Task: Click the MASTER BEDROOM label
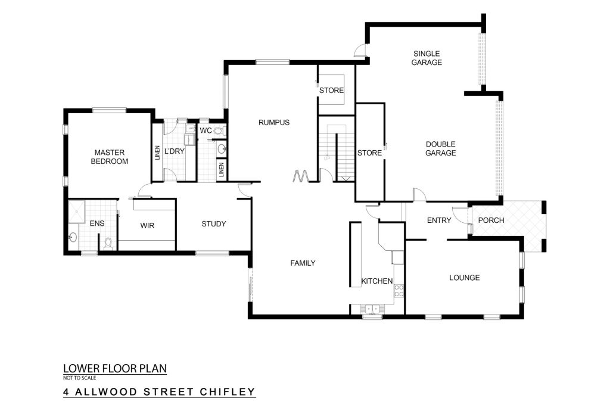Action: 110,157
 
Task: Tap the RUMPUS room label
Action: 274,123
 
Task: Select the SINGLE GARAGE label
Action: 427,58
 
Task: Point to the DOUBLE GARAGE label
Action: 440,148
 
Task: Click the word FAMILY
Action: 303,263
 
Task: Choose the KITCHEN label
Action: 377,281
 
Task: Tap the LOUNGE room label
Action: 465,278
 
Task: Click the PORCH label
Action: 491,220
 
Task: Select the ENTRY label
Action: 439,220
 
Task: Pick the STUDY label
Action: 214,223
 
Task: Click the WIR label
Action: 147,225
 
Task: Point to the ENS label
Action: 97,223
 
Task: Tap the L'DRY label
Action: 174,151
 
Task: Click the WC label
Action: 206,131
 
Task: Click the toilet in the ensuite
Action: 108,243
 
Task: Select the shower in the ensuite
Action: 77,212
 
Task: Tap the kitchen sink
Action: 370,309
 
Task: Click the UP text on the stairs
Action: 327,159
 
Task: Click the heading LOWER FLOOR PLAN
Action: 115,368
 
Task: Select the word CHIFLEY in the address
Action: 228,392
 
